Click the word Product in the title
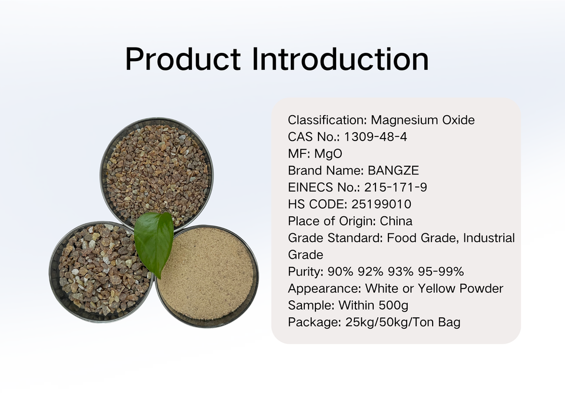183,59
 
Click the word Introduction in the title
341,59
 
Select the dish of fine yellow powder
207,276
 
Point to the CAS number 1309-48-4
375,137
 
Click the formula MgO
328,153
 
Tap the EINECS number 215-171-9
395,187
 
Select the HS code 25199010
381,204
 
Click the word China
396,221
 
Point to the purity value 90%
340,271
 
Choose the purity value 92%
370,271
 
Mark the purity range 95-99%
441,271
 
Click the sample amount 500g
394,306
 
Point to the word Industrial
489,238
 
